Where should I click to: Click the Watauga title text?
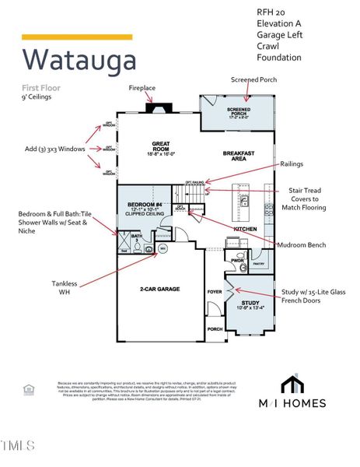coord(79,59)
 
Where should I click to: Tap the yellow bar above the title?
coord(77,37)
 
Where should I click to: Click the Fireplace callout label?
coord(143,88)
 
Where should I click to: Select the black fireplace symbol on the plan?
coord(159,109)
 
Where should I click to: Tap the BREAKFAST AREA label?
coord(240,155)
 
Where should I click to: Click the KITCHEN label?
coord(245,229)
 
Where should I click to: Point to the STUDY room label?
coord(250,303)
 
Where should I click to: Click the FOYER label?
coord(215,292)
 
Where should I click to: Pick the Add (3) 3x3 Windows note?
coord(52,148)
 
